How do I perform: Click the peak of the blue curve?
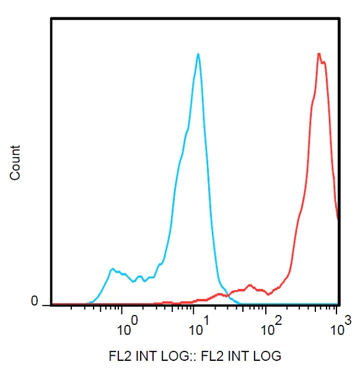198,54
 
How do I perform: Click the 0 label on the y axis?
35,301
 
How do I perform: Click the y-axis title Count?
15,162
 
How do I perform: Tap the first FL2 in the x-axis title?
118,356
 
